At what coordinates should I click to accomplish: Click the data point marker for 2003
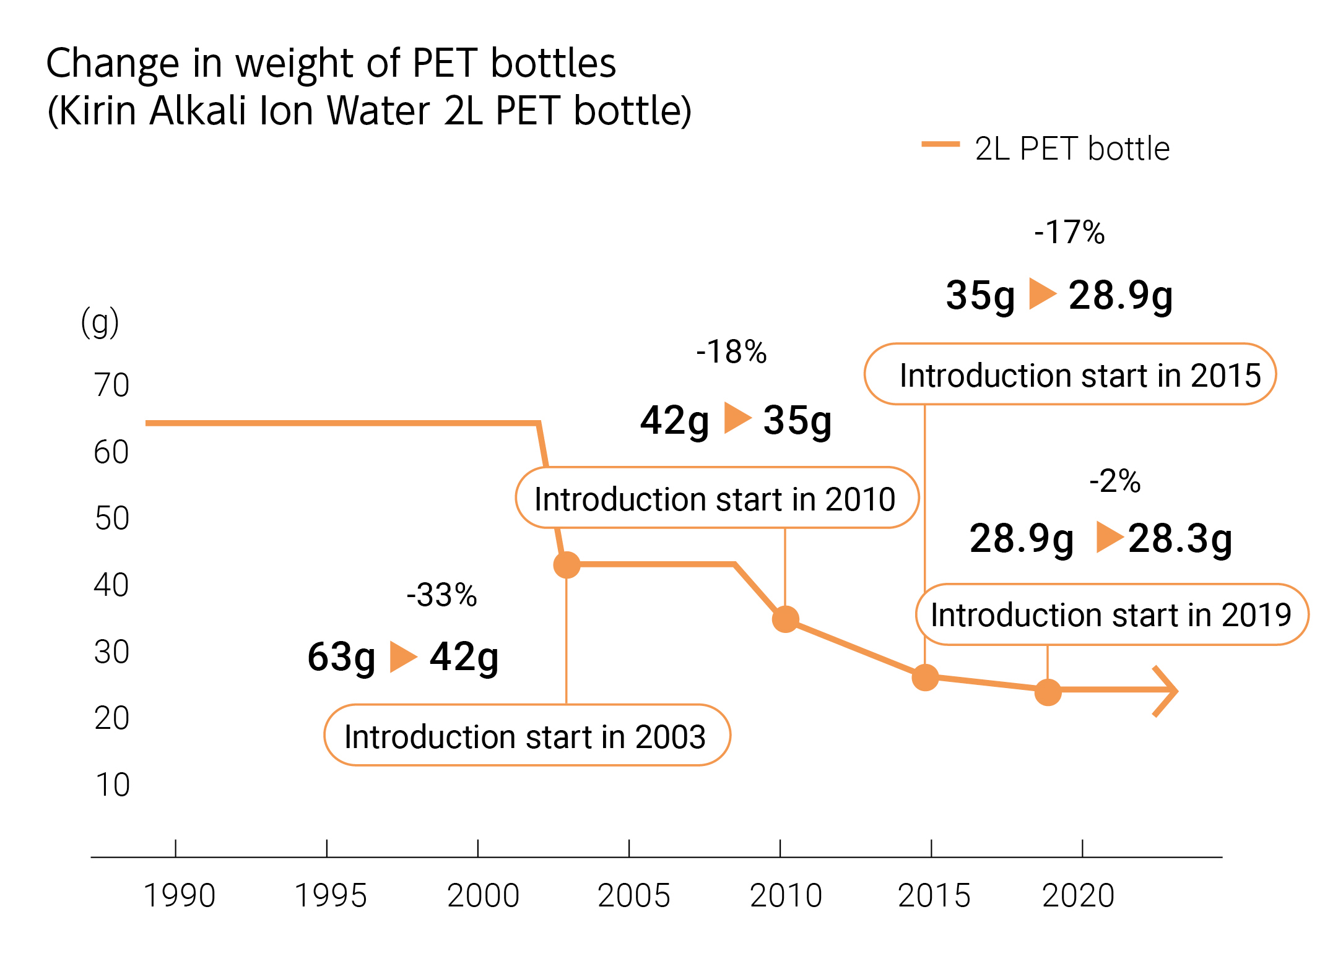click(567, 564)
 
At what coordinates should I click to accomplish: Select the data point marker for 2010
click(785, 619)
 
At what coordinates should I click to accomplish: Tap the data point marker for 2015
click(925, 677)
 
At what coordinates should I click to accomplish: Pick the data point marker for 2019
click(1048, 692)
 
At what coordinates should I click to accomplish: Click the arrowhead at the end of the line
click(1167, 691)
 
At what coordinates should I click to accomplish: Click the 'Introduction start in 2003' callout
click(527, 736)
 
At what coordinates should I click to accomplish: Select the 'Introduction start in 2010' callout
click(716, 498)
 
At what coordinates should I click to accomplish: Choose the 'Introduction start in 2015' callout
click(1070, 374)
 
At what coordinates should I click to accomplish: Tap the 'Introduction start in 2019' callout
click(1111, 614)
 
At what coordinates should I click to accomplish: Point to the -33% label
click(441, 595)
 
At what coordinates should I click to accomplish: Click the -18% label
click(731, 352)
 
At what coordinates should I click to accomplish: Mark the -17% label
click(1069, 233)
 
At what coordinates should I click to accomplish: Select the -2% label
click(1114, 481)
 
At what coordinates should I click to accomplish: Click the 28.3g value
click(1180, 538)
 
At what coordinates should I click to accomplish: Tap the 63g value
click(341, 657)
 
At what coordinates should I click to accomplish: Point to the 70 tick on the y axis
click(111, 385)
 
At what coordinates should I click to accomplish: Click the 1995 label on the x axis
click(330, 895)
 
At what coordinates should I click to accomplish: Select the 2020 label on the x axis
click(1078, 895)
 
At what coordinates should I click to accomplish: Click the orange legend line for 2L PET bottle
click(940, 145)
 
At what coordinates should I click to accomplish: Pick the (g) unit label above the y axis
click(100, 322)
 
